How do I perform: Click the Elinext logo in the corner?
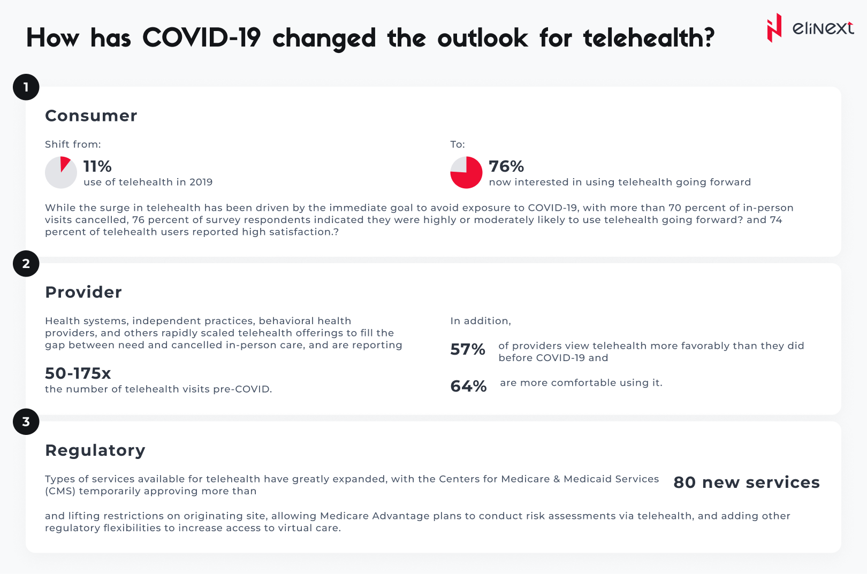tap(809, 28)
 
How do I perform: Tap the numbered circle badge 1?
tap(26, 87)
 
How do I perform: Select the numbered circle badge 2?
tap(26, 264)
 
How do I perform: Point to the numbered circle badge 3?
tap(26, 422)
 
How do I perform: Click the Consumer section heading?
tap(91, 116)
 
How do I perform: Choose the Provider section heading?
tap(83, 292)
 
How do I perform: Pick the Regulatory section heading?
tap(95, 450)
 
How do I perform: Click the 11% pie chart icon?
tap(61, 172)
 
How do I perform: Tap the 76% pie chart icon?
tap(466, 172)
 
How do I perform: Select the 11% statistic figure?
tap(97, 166)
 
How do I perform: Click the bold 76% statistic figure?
tap(506, 166)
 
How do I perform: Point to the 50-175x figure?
tap(78, 373)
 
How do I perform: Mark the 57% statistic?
tap(468, 349)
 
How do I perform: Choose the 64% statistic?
tap(468, 386)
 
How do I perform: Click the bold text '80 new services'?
tap(746, 483)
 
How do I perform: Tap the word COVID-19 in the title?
tap(201, 38)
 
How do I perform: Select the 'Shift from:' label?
tap(73, 144)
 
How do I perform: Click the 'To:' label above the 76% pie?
tap(458, 144)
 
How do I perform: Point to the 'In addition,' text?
tap(481, 321)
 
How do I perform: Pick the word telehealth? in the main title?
tap(649, 38)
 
